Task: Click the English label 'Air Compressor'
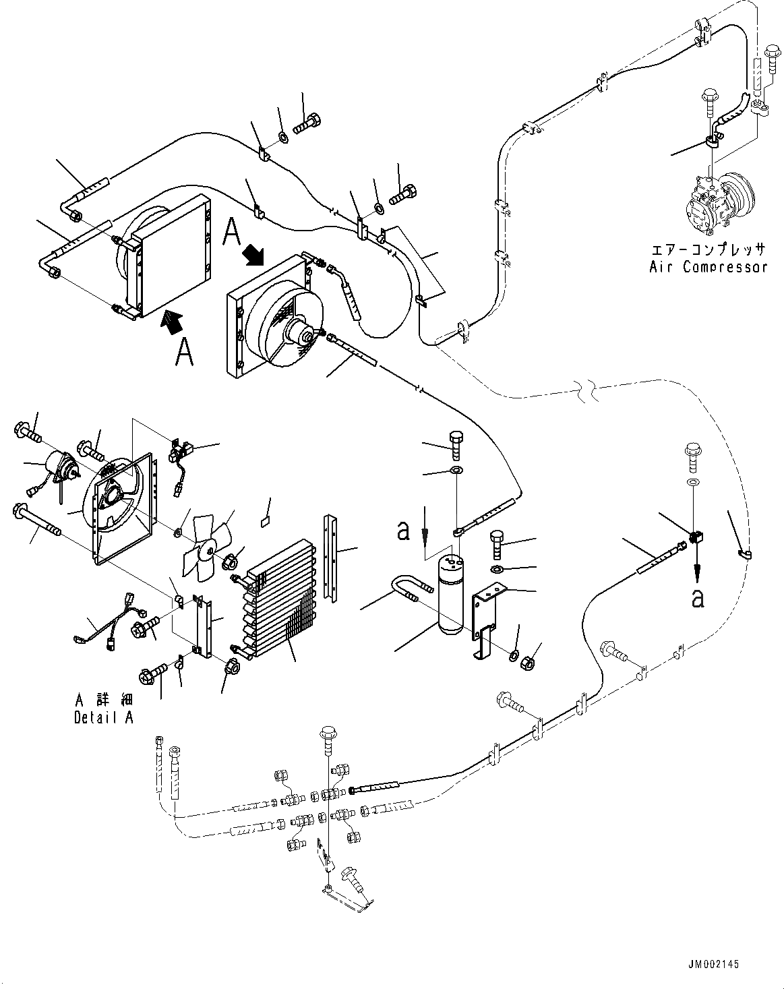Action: [708, 267]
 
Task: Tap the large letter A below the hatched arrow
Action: [184, 352]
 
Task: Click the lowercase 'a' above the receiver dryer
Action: [403, 531]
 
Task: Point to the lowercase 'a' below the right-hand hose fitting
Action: [698, 597]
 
